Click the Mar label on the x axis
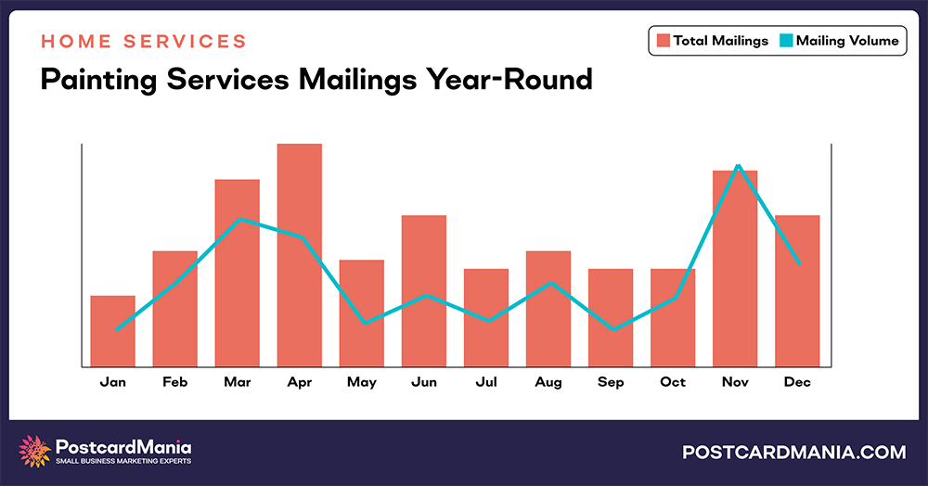click(x=237, y=382)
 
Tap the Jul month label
click(x=485, y=382)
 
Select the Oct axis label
click(x=673, y=382)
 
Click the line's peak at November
click(x=737, y=166)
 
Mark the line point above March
click(x=239, y=220)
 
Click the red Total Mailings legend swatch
click(x=664, y=41)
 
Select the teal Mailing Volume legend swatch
click(x=785, y=41)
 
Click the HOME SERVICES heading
click(x=144, y=42)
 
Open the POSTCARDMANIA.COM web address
click(x=793, y=453)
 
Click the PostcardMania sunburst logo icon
click(x=35, y=452)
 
